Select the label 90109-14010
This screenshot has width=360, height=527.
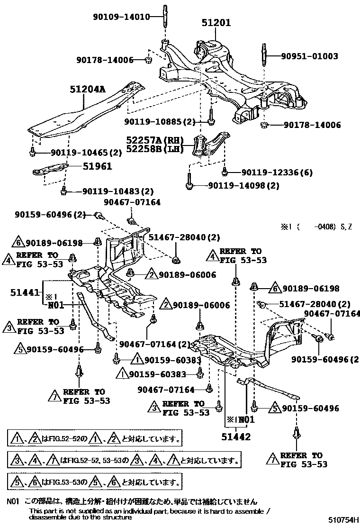tap(121, 17)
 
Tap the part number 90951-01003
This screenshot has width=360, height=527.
tap(309, 56)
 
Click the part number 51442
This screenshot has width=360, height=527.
tap(237, 437)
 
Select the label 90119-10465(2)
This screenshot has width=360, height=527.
tap(81, 152)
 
